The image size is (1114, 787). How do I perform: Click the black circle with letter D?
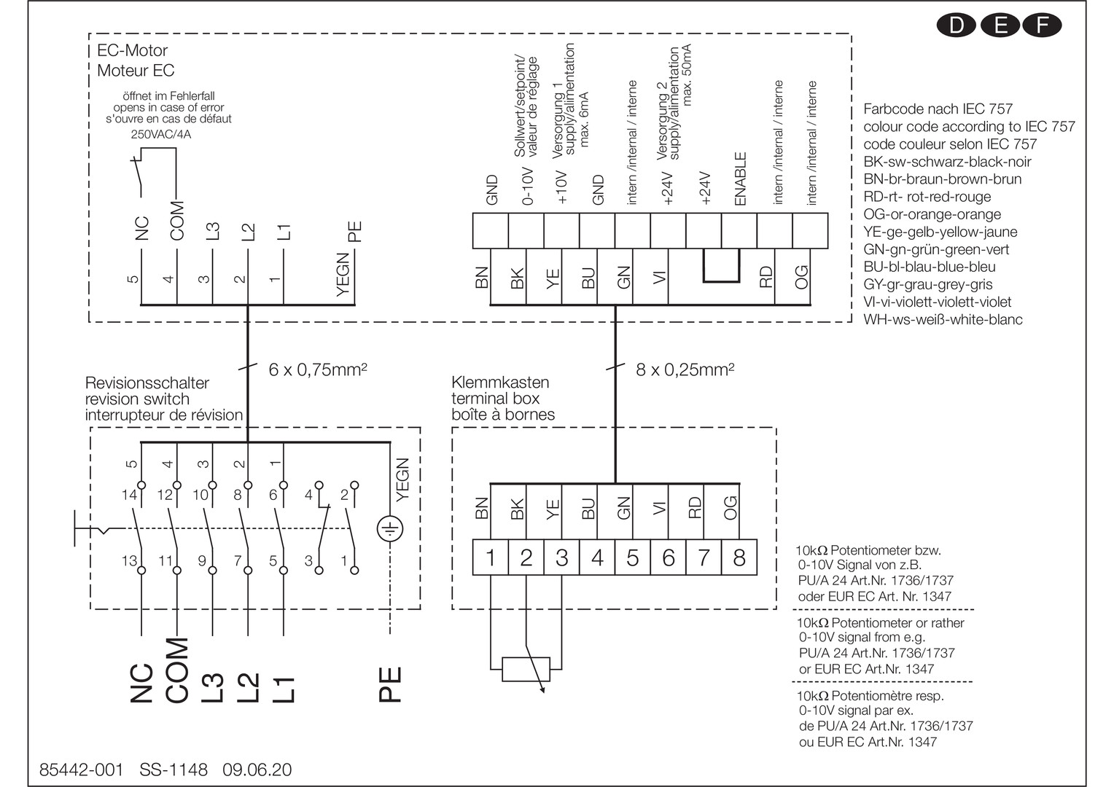pyautogui.click(x=956, y=26)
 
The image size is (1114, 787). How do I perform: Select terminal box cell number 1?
pyautogui.click(x=491, y=558)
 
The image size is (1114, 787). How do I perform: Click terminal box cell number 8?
pyautogui.click(x=739, y=558)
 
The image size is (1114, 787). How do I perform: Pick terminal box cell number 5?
pyautogui.click(x=633, y=558)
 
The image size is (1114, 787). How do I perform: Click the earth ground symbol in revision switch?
pyautogui.click(x=390, y=529)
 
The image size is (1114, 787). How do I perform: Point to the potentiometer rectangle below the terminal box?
pyautogui.click(x=526, y=668)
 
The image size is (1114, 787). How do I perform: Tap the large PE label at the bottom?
pyautogui.click(x=392, y=684)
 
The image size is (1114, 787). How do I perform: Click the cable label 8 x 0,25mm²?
pyautogui.click(x=685, y=369)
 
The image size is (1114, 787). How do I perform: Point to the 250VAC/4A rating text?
pyautogui.click(x=161, y=134)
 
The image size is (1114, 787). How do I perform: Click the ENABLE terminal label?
pyautogui.click(x=741, y=179)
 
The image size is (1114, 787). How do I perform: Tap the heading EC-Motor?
pyautogui.click(x=132, y=50)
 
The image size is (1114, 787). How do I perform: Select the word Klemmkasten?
pyautogui.click(x=500, y=382)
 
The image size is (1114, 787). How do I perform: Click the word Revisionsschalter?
pyautogui.click(x=147, y=383)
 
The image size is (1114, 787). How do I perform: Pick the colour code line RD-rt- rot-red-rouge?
pyautogui.click(x=927, y=197)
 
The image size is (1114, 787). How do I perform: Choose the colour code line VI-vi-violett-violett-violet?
pyautogui.click(x=937, y=302)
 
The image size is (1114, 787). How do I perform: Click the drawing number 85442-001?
pyautogui.click(x=81, y=770)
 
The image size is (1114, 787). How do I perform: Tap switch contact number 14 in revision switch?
pyautogui.click(x=129, y=496)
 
